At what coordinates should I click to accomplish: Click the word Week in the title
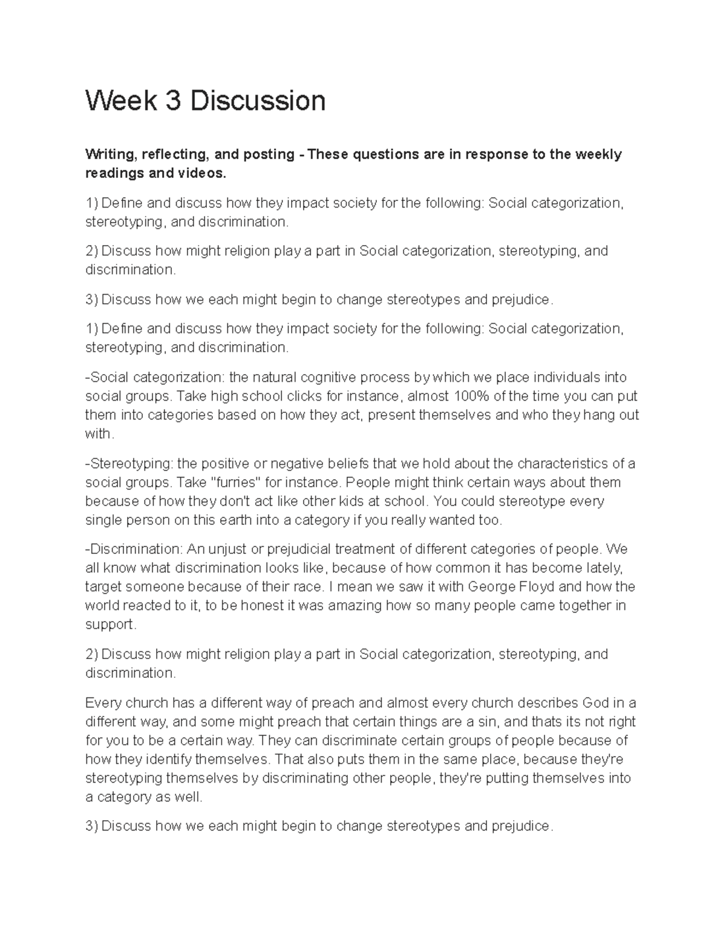[121, 100]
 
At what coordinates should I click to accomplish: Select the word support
[111, 625]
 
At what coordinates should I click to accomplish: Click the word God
[595, 703]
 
